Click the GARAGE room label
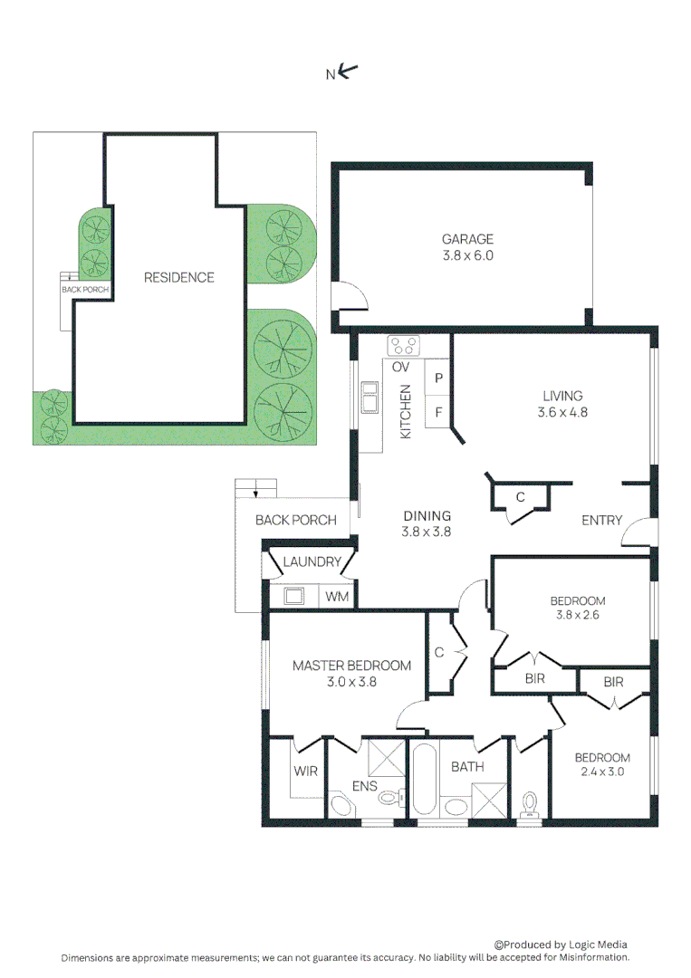point(467,239)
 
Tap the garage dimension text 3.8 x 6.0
point(467,255)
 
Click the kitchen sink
point(370,397)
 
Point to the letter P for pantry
point(438,378)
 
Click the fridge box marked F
point(438,412)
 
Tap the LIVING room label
point(562,396)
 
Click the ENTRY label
point(601,520)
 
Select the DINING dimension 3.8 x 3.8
point(427,532)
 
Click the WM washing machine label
point(336,597)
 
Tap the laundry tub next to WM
point(293,596)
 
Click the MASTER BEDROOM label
point(351,666)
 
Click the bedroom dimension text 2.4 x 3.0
point(602,772)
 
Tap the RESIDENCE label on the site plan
point(178,277)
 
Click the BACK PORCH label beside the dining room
point(295,520)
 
